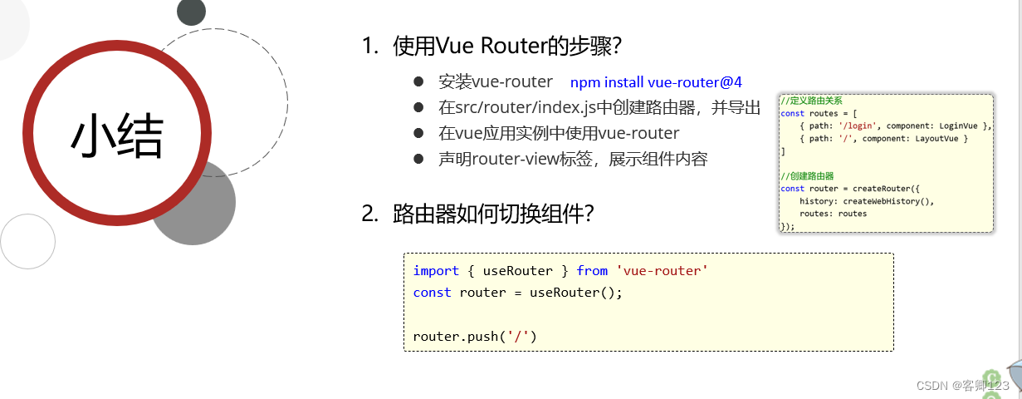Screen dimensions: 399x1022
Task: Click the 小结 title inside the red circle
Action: (117, 137)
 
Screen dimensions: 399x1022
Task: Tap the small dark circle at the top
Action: (191, 11)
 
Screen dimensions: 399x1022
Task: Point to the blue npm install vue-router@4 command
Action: (656, 82)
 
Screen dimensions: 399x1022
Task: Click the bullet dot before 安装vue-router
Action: (419, 81)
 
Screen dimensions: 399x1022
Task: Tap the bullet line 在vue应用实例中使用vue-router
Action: (559, 133)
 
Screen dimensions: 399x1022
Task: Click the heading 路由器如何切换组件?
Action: (493, 214)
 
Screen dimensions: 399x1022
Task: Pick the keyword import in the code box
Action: (436, 271)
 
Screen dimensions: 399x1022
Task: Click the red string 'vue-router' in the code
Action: (662, 271)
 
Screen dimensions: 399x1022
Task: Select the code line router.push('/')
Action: (475, 337)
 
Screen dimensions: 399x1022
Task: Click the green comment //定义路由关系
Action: (811, 101)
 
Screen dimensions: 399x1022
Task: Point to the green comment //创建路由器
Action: (807, 176)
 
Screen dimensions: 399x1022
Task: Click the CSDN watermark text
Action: (963, 386)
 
